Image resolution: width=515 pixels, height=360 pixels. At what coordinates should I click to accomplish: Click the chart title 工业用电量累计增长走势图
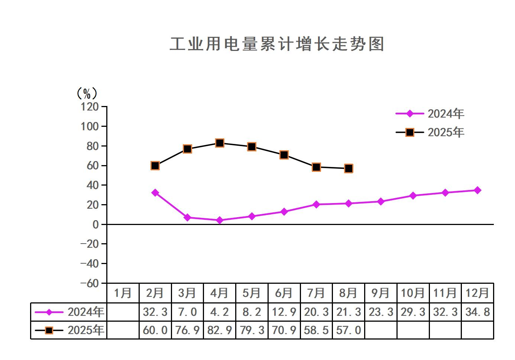[277, 44]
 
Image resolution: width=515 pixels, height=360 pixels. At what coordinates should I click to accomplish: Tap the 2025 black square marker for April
[220, 143]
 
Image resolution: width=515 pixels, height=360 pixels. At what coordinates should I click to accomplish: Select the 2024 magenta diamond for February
[155, 193]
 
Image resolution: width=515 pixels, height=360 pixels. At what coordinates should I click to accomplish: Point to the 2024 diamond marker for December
[477, 190]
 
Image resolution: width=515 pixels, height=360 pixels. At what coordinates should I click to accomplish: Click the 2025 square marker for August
[349, 168]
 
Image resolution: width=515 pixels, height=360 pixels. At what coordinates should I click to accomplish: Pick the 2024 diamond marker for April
[220, 220]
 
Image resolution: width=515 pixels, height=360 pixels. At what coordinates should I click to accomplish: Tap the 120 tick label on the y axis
[90, 107]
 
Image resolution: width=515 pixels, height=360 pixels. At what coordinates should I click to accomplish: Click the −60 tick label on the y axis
[90, 283]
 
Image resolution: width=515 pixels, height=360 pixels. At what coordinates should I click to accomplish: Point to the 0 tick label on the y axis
[95, 224]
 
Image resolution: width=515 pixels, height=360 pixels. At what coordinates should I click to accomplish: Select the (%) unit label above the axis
[87, 93]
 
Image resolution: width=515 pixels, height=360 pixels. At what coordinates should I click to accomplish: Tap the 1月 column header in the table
[123, 293]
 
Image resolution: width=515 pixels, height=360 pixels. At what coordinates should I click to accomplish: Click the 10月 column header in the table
[413, 293]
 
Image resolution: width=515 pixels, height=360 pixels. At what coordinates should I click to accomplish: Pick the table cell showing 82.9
[220, 330]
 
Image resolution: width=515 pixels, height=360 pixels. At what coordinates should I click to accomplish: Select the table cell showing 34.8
[477, 312]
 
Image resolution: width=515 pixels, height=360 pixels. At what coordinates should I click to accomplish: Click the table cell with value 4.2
[220, 312]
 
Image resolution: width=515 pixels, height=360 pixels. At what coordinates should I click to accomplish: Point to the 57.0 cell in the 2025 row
[349, 330]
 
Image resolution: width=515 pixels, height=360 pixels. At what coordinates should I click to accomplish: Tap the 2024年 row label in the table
[85, 312]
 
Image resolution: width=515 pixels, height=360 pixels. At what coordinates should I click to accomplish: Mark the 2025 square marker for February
[155, 165]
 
